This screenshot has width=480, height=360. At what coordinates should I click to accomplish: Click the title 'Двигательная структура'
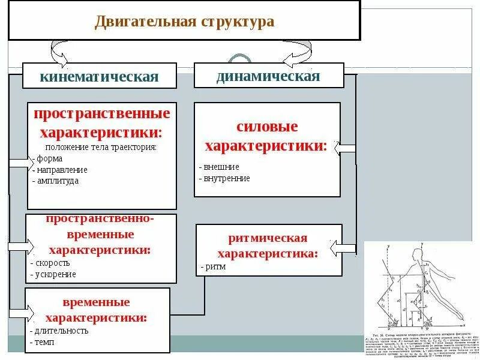[184, 22]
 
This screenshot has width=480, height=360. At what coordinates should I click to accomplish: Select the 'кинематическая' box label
[99, 77]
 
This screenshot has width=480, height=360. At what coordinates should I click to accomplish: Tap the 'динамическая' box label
[268, 76]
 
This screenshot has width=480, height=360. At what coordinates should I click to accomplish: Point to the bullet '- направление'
[59, 170]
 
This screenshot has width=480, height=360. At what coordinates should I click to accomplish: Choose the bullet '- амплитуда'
[56, 180]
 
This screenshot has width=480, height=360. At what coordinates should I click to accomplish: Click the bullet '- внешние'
[219, 167]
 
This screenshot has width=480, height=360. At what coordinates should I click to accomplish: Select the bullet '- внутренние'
[224, 178]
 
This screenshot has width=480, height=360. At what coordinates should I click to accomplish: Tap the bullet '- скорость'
[50, 263]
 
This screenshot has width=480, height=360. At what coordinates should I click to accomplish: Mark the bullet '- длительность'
[59, 330]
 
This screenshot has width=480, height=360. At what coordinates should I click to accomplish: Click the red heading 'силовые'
[268, 127]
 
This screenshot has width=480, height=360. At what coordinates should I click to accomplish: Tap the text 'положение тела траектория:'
[101, 147]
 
